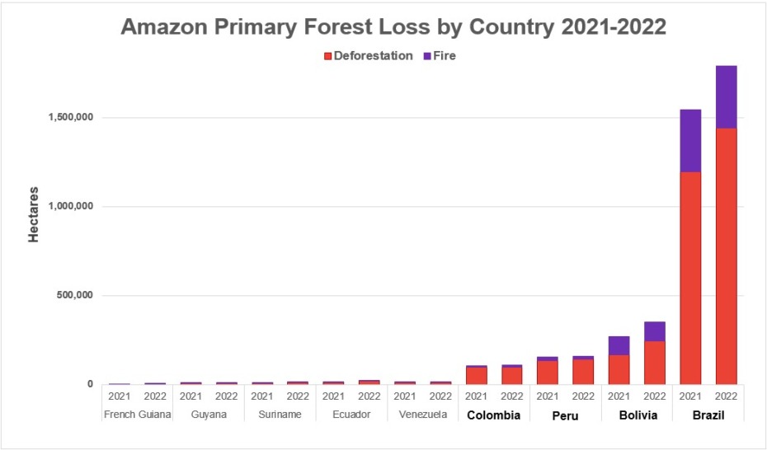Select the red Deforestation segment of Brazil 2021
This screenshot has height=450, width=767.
(690, 278)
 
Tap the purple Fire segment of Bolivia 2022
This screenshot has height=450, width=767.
(655, 330)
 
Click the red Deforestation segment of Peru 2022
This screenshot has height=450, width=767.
(583, 372)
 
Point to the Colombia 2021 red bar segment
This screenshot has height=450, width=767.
(477, 375)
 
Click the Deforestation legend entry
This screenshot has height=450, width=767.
(368, 56)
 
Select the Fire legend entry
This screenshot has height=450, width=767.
(439, 56)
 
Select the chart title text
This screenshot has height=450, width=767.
(393, 27)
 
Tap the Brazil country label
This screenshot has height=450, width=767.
(708, 415)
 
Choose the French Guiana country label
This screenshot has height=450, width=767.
(137, 415)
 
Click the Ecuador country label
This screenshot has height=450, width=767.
(351, 415)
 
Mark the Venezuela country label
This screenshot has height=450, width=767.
(422, 415)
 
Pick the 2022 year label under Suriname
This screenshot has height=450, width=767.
(298, 396)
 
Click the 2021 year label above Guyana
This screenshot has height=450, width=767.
(191, 396)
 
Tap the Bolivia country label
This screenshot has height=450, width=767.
(637, 415)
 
